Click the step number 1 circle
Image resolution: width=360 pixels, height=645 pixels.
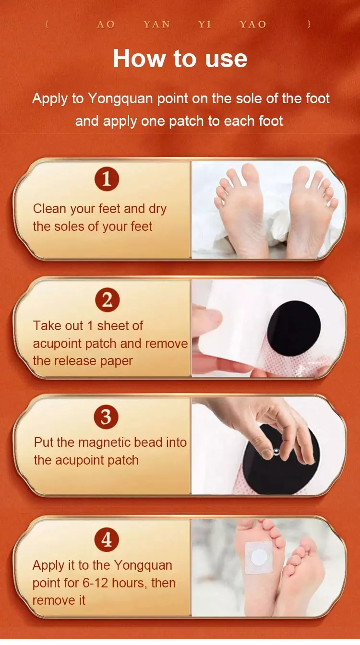point(107,179)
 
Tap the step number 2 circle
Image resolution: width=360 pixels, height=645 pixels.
point(107,300)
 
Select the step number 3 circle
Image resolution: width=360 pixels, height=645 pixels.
point(106,417)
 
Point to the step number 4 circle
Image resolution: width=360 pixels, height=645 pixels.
point(107,539)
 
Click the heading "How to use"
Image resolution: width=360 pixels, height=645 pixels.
point(180,59)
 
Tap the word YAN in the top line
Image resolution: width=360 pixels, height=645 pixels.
point(157,25)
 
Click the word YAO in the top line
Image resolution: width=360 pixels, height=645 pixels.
point(253,25)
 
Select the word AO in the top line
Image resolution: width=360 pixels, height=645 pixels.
point(106,25)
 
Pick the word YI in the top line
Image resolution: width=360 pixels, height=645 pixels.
point(204,25)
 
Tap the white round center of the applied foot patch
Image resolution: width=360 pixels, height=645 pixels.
point(260,557)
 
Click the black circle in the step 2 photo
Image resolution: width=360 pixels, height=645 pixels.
point(293,328)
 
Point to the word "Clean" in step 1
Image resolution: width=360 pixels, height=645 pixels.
point(49,208)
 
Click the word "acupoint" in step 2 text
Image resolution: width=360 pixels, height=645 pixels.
point(57,344)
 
